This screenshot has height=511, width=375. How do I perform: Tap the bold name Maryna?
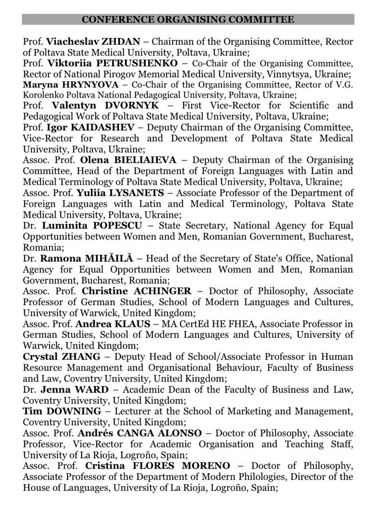point(38,84)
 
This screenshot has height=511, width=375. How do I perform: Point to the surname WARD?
point(92,390)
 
